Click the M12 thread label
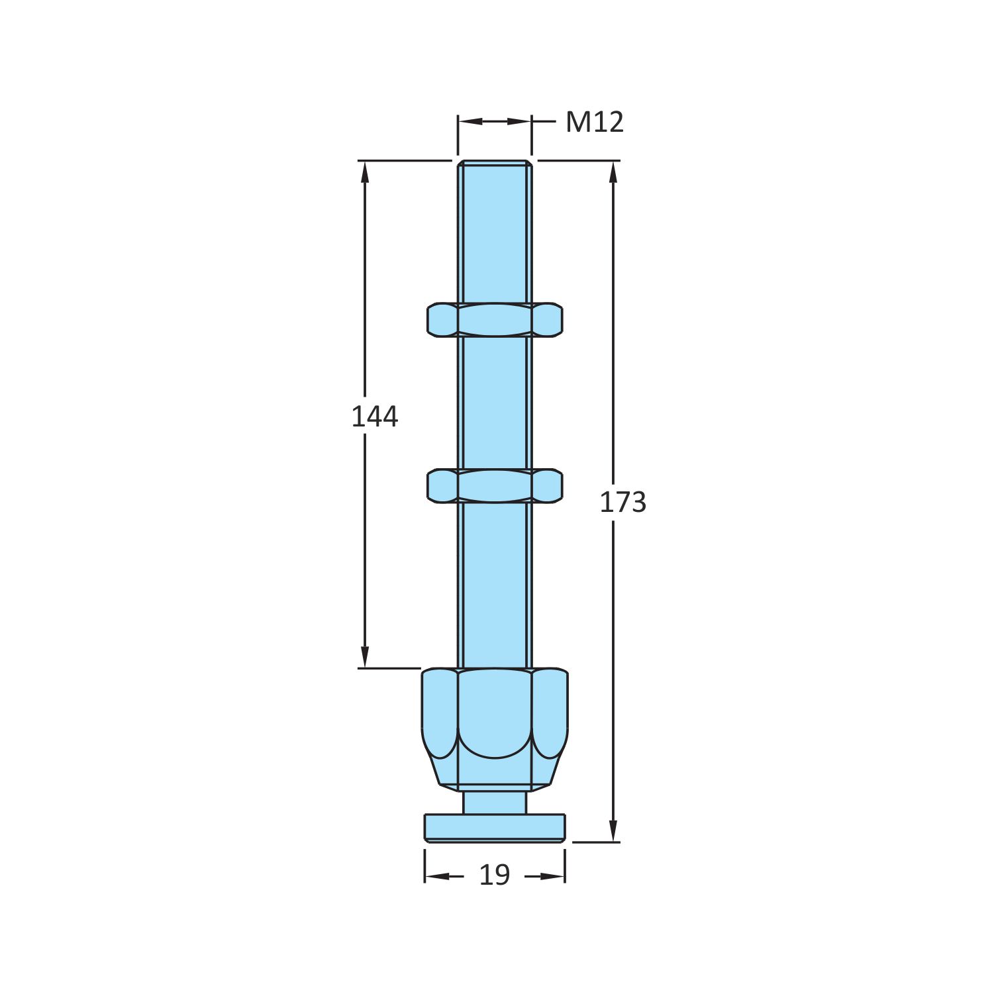tap(594, 123)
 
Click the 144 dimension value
tap(374, 417)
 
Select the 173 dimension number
tap(622, 503)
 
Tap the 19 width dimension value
tap(494, 875)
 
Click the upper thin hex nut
tap(495, 320)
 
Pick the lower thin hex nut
tap(495, 485)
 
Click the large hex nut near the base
tap(495, 715)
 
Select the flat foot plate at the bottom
tap(495, 828)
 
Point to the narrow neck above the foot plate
tap(495, 803)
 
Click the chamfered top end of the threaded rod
tap(495, 163)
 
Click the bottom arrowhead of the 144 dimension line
tap(364, 658)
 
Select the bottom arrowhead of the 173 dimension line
tap(613, 832)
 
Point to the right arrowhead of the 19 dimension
tap(555, 876)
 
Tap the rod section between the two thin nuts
tap(495, 404)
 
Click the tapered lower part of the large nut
tap(495, 772)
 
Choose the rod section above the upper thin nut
tap(495, 232)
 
